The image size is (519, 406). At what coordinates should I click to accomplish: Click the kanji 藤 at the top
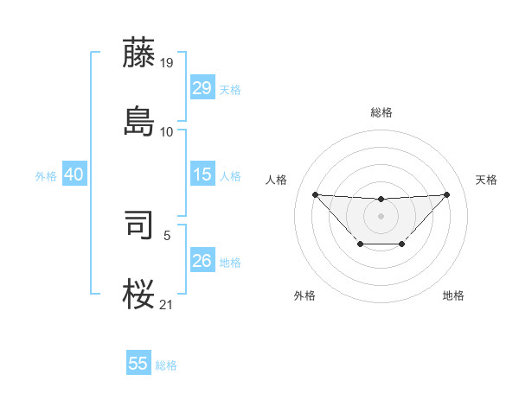(x=139, y=53)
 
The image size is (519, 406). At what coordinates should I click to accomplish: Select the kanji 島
(x=139, y=121)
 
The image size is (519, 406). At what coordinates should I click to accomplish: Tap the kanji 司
(x=139, y=224)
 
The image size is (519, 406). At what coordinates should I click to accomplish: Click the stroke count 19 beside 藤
(x=167, y=63)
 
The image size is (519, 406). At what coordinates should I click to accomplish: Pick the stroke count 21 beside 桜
(x=167, y=303)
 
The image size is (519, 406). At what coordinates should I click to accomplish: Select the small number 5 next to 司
(x=167, y=234)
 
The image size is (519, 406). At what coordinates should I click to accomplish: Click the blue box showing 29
(x=202, y=88)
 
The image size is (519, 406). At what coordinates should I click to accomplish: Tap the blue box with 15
(x=202, y=174)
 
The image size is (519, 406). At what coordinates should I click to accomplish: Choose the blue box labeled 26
(x=202, y=261)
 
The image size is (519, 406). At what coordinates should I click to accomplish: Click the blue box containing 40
(x=74, y=174)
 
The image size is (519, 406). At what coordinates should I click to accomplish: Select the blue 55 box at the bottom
(x=138, y=364)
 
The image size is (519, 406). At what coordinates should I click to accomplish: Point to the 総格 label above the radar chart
(x=381, y=112)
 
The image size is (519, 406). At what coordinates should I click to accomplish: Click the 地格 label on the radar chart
(x=453, y=295)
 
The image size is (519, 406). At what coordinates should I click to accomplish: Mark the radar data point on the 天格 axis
(x=446, y=194)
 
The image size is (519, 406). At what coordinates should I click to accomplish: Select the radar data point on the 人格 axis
(x=315, y=194)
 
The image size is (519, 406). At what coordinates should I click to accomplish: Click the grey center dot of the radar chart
(x=381, y=215)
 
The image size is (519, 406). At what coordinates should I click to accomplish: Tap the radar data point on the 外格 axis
(x=359, y=244)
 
